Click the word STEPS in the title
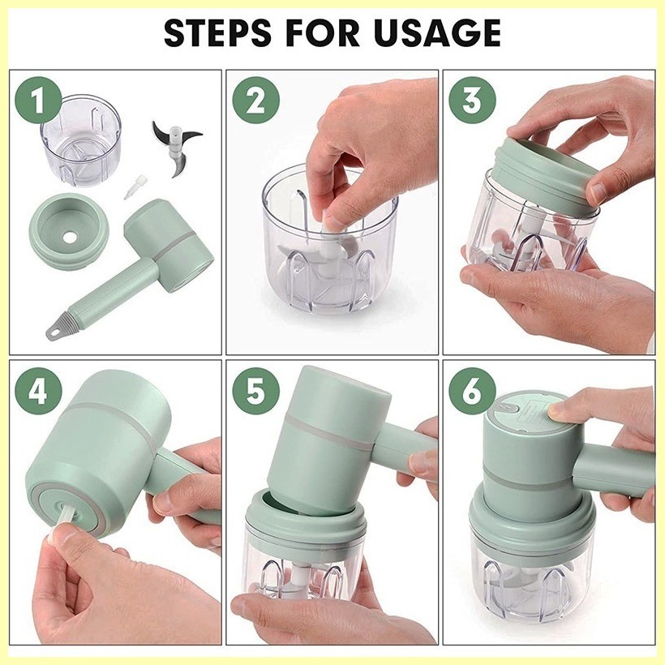tap(217, 32)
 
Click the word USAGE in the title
tap(437, 32)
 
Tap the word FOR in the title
tap(323, 32)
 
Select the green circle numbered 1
tap(38, 100)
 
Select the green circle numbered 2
tap(255, 100)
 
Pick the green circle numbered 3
tap(473, 100)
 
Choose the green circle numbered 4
tap(38, 391)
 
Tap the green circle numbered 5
tap(255, 391)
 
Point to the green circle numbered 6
tap(473, 391)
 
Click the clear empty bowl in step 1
tap(80, 140)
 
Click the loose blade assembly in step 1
tap(176, 148)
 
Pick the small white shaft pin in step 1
tap(132, 187)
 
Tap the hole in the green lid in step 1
tap(70, 238)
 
